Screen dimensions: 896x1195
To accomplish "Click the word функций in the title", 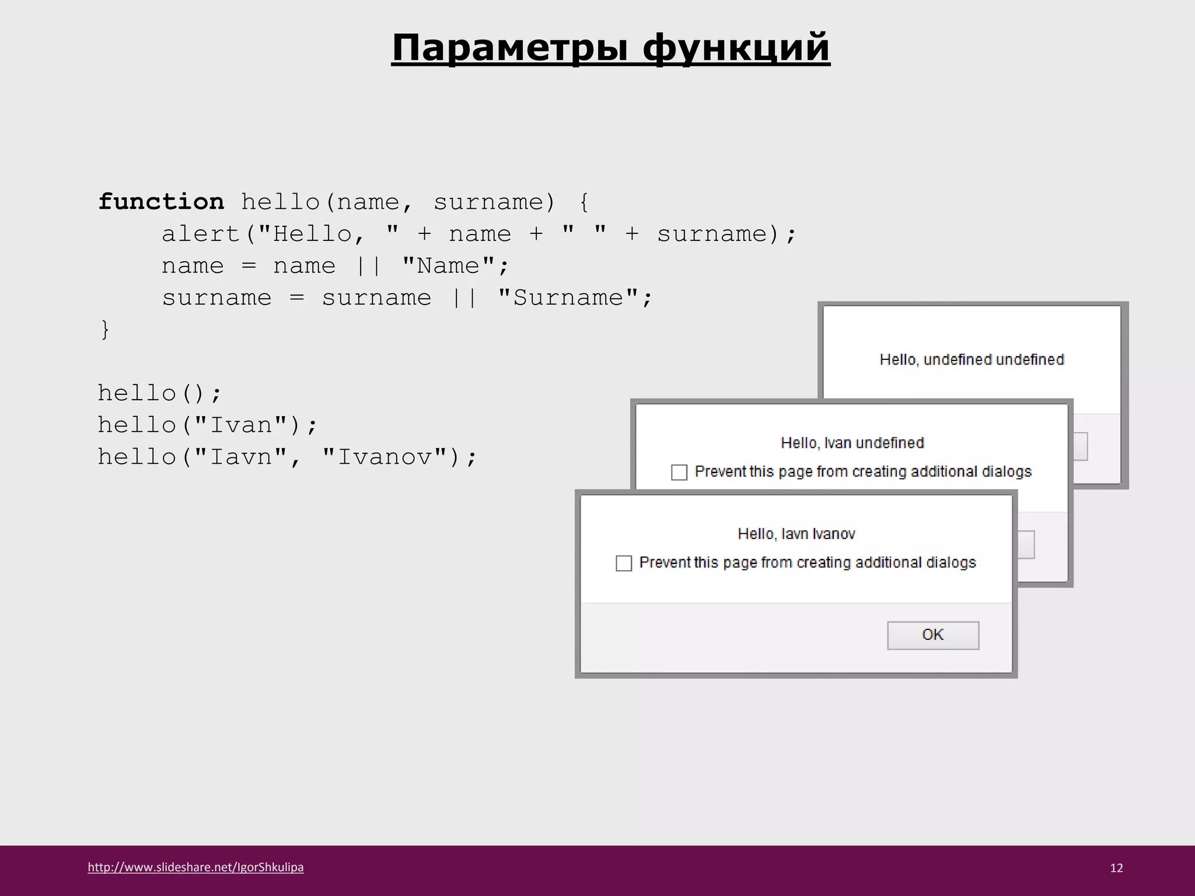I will pos(736,48).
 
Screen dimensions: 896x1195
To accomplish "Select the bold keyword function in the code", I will pos(161,202).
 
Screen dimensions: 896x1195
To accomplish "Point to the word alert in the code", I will pos(200,234).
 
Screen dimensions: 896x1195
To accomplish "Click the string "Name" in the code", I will pos(448,266).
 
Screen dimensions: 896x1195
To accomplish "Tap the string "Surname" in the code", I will pos(568,298).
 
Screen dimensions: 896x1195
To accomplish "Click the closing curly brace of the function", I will pos(105,330).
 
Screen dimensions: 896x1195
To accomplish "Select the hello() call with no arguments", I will pos(159,393).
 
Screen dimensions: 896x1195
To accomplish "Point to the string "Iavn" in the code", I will pos(240,457).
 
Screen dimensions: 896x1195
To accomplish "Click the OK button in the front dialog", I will pos(932,635).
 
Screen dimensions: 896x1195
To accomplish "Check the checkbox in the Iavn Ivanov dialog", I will pos(624,563).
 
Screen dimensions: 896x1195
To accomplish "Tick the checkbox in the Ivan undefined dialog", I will pos(679,472).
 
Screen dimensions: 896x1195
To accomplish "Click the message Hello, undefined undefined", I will pos(972,359).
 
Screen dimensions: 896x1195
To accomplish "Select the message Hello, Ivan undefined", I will pos(852,443).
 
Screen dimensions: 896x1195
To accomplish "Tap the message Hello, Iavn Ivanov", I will pos(796,534).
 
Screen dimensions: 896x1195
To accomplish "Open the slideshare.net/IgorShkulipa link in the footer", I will pos(195,867).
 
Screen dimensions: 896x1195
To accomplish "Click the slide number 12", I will pos(1116,868).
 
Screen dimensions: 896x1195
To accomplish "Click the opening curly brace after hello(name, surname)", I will pos(584,202).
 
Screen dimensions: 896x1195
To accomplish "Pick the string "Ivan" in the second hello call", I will pos(240,425).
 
